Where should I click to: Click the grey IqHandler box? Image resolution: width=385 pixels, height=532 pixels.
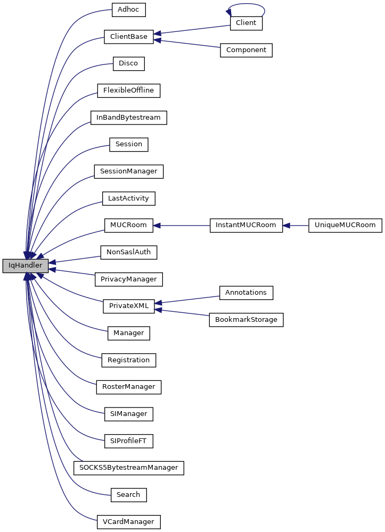click(x=25, y=265)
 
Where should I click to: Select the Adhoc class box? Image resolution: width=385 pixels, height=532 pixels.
click(x=128, y=9)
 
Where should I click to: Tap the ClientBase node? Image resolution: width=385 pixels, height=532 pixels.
click(x=128, y=37)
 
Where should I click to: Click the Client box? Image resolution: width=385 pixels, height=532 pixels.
click(x=246, y=23)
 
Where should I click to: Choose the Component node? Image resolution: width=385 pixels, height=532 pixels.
click(x=246, y=50)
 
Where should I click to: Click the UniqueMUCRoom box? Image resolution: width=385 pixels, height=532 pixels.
click(x=345, y=225)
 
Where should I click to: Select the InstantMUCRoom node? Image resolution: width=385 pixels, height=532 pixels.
click(x=245, y=225)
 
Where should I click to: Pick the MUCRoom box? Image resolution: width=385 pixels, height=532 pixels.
click(x=128, y=225)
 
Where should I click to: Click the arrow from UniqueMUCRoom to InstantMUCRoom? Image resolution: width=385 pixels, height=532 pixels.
click(x=296, y=225)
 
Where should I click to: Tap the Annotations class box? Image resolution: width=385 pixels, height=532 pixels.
click(x=246, y=293)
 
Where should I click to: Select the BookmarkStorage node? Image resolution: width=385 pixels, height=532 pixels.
click(x=246, y=320)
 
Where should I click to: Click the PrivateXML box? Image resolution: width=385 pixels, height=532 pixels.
click(x=128, y=306)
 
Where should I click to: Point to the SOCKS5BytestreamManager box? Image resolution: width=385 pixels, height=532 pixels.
click(x=128, y=468)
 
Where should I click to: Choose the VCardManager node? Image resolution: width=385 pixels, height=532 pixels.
click(x=128, y=522)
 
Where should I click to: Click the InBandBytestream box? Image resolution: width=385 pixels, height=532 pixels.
click(x=128, y=118)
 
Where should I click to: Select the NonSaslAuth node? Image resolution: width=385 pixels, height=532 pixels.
click(x=128, y=252)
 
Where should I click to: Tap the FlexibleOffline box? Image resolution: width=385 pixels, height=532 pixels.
click(x=128, y=90)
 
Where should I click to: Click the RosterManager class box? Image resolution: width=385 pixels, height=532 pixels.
click(x=128, y=387)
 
